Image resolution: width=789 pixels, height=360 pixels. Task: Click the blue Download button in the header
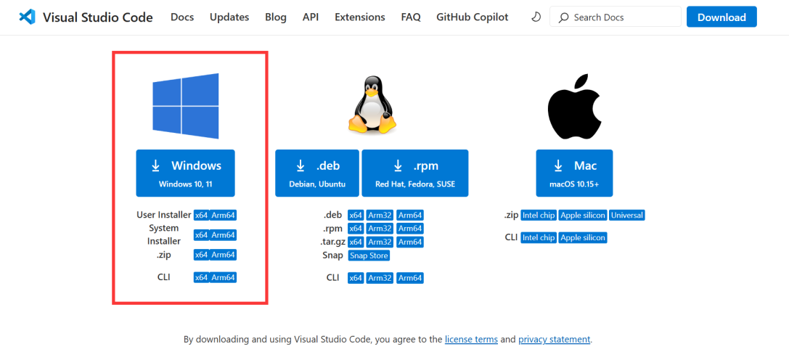coord(721,17)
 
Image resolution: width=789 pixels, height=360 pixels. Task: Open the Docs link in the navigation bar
coord(182,17)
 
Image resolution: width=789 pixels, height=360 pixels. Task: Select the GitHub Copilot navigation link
coord(472,17)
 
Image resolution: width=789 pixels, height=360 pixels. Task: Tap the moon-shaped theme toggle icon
coord(536,17)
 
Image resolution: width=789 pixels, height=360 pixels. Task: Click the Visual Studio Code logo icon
coord(28,17)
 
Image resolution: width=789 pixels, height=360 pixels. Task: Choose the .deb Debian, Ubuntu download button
coord(317,173)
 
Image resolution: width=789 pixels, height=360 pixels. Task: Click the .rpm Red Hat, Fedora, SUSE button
coord(414,173)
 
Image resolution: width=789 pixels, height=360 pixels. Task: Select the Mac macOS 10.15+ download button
coord(574,173)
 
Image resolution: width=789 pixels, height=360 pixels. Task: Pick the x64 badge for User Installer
coord(201,215)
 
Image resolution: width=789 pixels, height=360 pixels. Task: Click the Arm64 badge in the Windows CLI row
coord(224,277)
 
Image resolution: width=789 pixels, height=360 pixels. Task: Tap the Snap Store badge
coord(369,255)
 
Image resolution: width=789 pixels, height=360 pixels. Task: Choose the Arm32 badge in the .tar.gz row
coord(380,242)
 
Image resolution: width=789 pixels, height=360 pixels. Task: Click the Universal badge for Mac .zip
coord(627,216)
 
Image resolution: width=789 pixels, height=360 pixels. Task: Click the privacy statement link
coord(554,339)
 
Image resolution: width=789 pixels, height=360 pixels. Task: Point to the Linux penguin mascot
coord(372,106)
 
